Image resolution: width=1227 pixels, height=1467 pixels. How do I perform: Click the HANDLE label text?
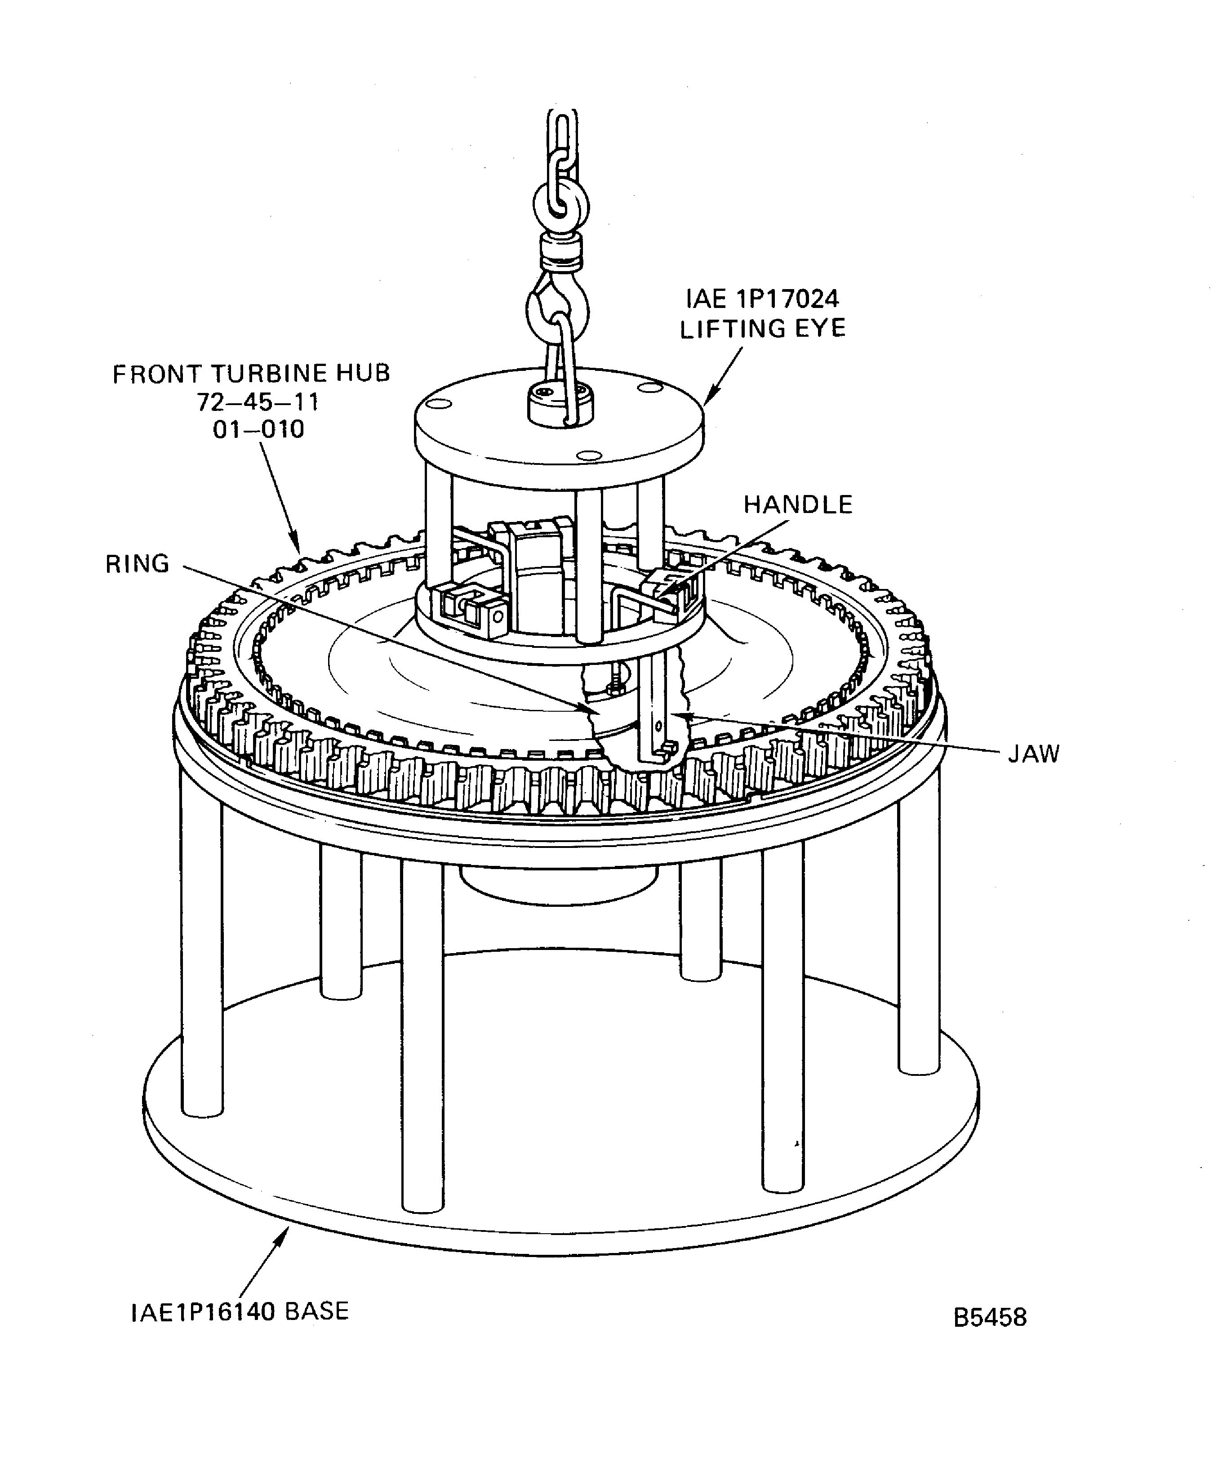click(x=797, y=504)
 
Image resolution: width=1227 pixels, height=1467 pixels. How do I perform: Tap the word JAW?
click(x=1034, y=754)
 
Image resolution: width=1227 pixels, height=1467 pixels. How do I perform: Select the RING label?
click(x=138, y=564)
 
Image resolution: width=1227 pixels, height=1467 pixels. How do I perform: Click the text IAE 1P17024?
click(x=762, y=299)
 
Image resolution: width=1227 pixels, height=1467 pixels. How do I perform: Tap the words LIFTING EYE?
click(x=763, y=328)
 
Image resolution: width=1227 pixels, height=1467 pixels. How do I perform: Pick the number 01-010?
click(x=258, y=429)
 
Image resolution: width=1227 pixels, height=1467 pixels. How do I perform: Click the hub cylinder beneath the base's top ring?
click(x=559, y=884)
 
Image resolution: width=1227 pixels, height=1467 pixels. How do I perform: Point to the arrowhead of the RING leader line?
click(x=594, y=710)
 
